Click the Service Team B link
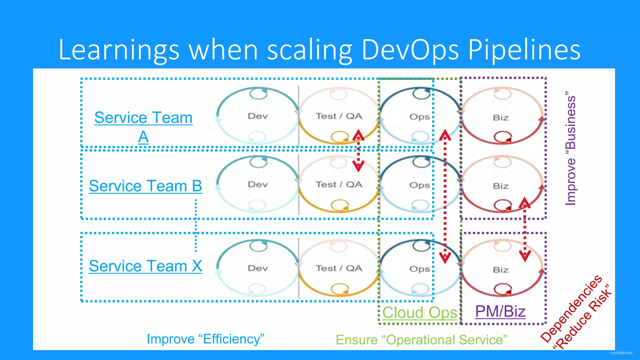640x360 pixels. (x=145, y=186)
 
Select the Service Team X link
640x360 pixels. (x=145, y=266)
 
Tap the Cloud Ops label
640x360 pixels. (x=419, y=312)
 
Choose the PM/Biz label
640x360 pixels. (x=500, y=311)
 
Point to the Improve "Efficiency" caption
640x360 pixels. (x=205, y=339)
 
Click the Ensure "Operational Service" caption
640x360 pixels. (x=421, y=340)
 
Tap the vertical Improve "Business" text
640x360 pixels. (x=571, y=148)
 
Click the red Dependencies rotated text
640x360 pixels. (x=571, y=308)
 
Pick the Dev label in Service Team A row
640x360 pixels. (x=258, y=116)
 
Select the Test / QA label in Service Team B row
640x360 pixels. (x=339, y=185)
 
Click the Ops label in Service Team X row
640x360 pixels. (x=419, y=269)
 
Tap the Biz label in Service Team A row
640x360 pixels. (x=501, y=118)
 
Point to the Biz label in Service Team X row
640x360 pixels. (x=501, y=270)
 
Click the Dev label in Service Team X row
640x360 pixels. (x=258, y=268)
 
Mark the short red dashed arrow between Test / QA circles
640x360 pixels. (x=358, y=151)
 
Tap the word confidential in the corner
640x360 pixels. (x=621, y=353)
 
